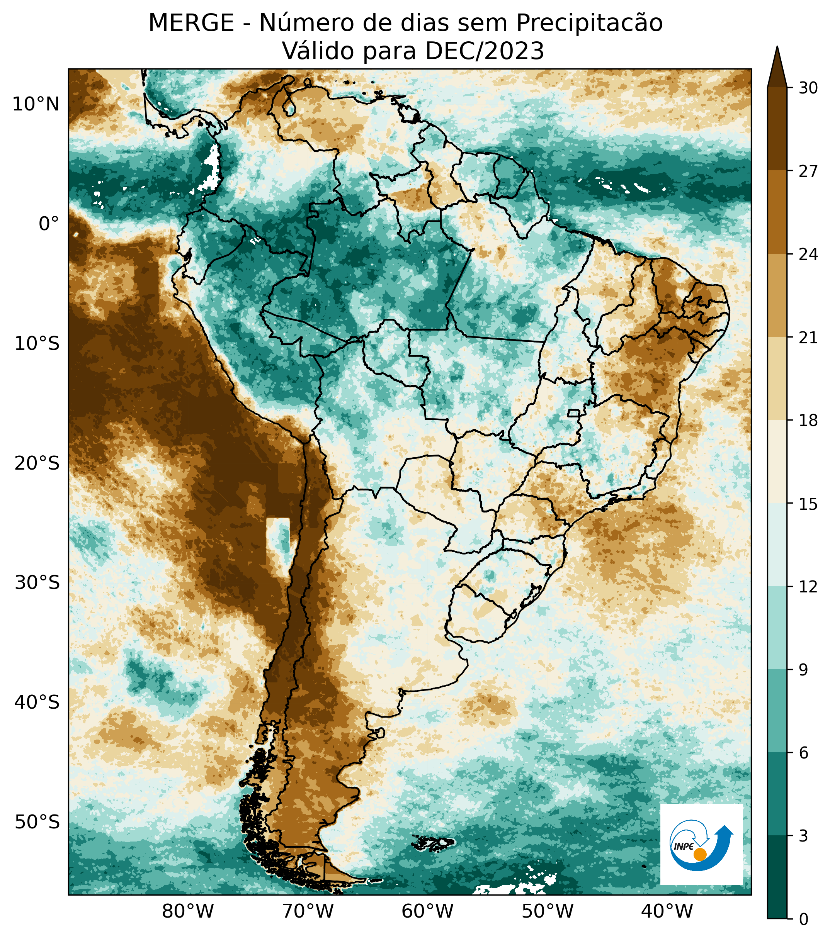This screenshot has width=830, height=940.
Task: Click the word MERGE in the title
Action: tap(191, 23)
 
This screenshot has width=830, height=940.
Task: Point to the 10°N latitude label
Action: tap(36, 105)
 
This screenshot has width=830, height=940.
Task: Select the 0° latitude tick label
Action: tap(49, 224)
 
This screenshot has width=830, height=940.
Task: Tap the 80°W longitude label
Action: tap(188, 911)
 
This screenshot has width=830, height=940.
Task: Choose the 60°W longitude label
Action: tap(427, 911)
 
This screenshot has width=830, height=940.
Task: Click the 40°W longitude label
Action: tap(667, 911)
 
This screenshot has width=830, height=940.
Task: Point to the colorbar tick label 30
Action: tap(808, 88)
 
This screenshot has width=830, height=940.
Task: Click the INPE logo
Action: tap(701, 844)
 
